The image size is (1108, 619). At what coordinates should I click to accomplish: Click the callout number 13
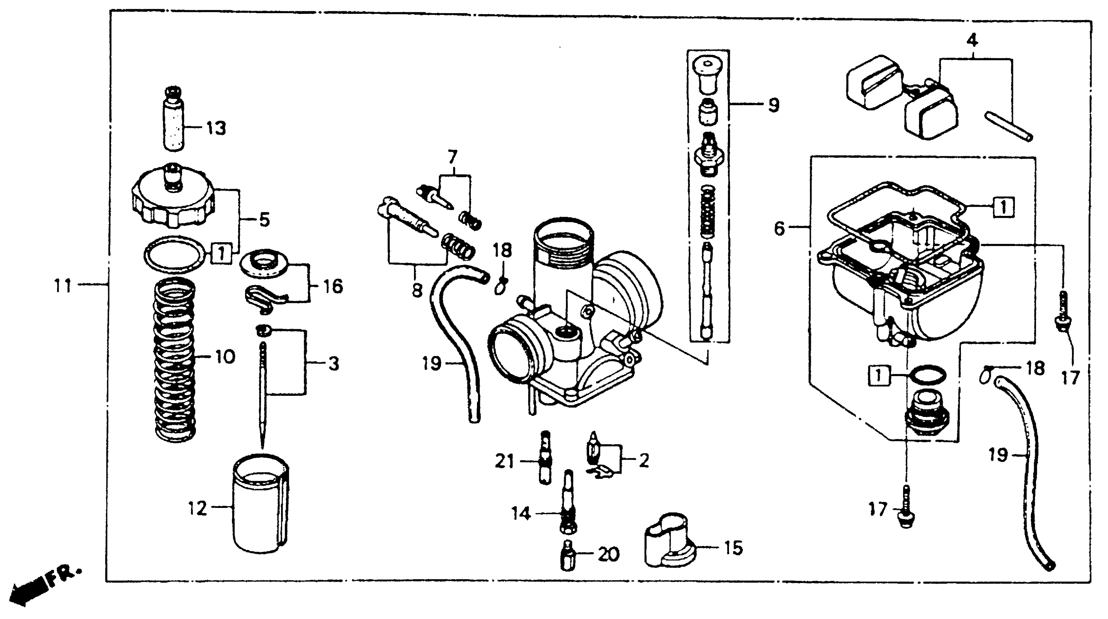coord(216,128)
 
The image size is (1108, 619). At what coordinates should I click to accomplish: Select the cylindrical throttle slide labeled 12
coord(261,508)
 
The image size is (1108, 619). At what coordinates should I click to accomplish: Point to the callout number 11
coord(63,285)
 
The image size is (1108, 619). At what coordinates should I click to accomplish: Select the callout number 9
coord(773,105)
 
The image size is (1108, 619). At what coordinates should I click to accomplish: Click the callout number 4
coord(972,40)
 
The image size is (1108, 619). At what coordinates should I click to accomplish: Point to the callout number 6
coord(779,228)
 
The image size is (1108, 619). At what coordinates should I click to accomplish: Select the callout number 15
coord(733,548)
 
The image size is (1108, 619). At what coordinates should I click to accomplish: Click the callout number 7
coord(452,157)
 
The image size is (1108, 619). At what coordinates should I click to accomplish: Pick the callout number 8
coord(417,290)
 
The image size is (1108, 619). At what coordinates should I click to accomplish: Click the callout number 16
coord(333,287)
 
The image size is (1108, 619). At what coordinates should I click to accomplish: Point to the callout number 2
coord(643,461)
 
